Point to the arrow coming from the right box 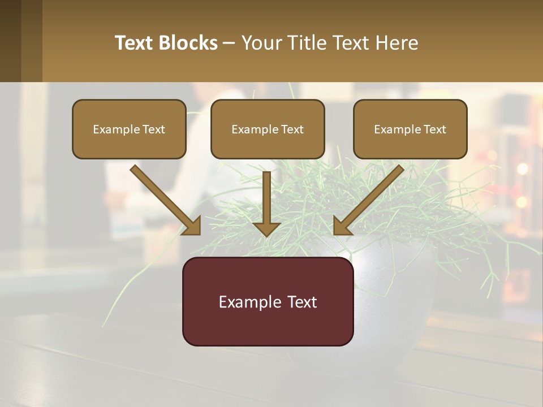tap(370, 198)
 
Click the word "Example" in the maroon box tap(247, 302)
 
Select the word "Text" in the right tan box tap(434, 129)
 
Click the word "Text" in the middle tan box tap(292, 129)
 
